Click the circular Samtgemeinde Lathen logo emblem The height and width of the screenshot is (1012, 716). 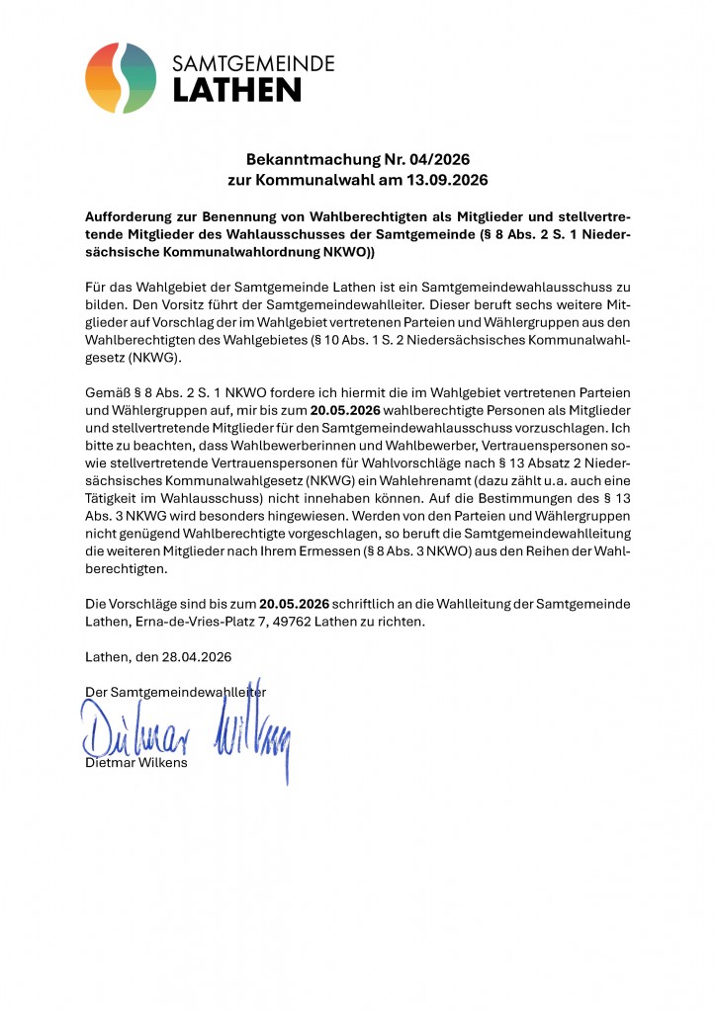coord(121,78)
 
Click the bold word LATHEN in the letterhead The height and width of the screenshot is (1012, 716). coord(237,91)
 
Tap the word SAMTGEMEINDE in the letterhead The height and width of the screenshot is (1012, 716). coord(254,64)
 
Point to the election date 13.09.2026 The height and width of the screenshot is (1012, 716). coord(442,181)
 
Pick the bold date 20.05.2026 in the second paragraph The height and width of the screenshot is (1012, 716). coord(346,411)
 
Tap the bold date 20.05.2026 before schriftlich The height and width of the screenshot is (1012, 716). coord(294,603)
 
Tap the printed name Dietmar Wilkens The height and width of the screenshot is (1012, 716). coord(136,763)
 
